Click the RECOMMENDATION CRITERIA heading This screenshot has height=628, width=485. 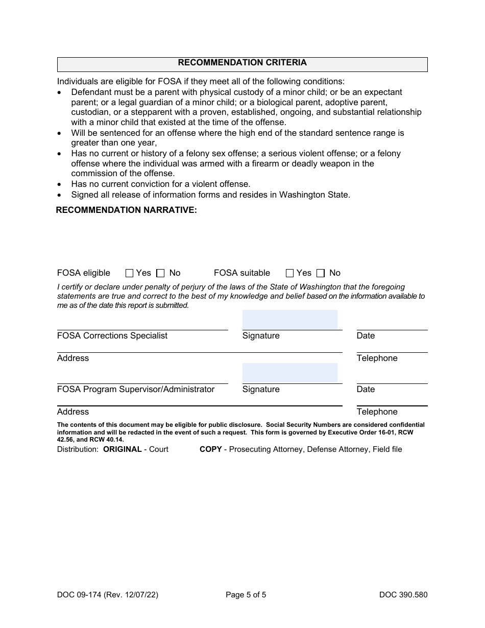[242, 63]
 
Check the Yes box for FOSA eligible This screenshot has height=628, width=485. [129, 273]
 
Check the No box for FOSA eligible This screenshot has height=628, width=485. [160, 273]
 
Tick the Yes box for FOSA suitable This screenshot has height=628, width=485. [289, 273]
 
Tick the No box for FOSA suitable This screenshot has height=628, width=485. [321, 273]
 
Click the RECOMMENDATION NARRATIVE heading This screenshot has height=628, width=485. [126, 210]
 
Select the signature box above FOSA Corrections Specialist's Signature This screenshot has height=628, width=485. [289, 320]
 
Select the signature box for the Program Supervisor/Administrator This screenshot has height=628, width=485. [289, 373]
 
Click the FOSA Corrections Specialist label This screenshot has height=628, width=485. [112, 335]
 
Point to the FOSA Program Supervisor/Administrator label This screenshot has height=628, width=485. [136, 389]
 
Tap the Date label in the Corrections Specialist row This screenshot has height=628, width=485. [366, 335]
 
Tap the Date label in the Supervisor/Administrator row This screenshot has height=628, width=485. [366, 389]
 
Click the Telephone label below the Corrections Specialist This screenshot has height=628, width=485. [377, 358]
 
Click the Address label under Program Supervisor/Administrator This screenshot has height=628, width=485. [73, 412]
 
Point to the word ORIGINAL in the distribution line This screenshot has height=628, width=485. [123, 449]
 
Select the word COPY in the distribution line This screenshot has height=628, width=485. [210, 449]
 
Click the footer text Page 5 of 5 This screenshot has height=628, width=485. [246, 594]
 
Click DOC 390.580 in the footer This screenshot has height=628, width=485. [403, 594]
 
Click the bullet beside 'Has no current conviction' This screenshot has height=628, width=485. [60, 184]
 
